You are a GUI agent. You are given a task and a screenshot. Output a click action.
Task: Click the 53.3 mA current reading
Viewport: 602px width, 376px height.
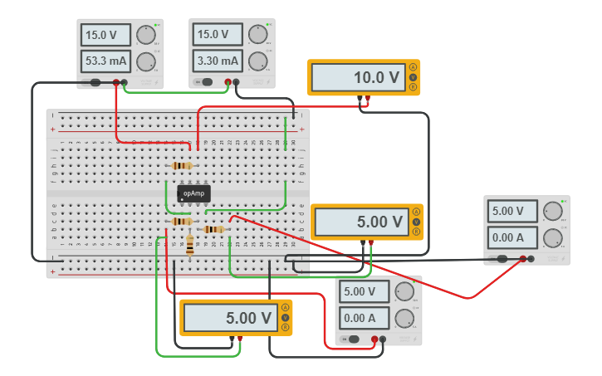[105, 61]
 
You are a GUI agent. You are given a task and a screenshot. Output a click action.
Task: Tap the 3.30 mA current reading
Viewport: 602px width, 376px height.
[218, 61]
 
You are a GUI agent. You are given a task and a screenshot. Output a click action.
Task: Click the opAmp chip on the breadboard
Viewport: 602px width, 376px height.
[193, 193]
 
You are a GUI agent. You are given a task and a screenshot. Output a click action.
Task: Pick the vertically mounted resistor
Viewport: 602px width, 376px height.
[191, 245]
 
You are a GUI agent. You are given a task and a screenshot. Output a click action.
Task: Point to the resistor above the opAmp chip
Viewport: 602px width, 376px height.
[183, 166]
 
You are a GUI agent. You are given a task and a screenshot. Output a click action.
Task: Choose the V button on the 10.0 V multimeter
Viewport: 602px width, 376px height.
[413, 77]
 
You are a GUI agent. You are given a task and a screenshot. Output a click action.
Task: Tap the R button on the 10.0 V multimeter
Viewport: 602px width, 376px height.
[413, 87]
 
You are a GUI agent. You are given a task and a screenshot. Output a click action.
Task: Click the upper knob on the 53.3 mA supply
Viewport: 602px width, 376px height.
[145, 35]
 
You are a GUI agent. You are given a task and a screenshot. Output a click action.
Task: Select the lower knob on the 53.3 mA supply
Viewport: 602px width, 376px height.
[145, 61]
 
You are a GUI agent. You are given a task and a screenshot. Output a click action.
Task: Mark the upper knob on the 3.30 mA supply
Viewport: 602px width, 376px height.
[258, 35]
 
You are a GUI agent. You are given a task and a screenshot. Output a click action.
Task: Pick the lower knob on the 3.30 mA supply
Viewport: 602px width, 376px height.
[258, 61]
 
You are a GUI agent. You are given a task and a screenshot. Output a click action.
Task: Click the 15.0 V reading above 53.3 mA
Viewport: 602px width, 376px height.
[105, 35]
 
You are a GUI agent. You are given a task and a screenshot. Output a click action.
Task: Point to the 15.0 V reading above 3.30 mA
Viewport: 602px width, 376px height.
[218, 35]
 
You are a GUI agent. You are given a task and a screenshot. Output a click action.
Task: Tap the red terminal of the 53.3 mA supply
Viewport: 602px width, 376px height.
[124, 82]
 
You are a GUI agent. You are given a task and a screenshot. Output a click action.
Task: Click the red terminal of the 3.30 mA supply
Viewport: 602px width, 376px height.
[237, 82]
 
